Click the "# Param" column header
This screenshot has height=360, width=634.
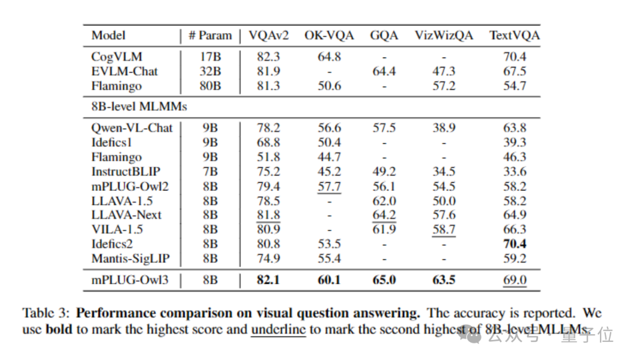coord(210,35)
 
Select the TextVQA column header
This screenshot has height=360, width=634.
coord(514,35)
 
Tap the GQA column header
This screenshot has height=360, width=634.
coord(384,35)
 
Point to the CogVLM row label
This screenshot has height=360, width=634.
coord(117,57)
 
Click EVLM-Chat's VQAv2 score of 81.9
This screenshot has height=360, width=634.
coord(268,72)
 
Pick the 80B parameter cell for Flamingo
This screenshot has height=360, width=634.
coord(210,86)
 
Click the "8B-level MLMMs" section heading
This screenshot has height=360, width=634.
coord(139,107)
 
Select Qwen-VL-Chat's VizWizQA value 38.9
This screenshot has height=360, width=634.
coord(444,128)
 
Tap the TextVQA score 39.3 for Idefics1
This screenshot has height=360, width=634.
coord(515,143)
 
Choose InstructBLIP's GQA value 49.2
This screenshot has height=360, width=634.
coord(384,172)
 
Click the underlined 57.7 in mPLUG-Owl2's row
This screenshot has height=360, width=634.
coord(329,187)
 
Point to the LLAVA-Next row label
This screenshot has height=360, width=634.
coord(126,216)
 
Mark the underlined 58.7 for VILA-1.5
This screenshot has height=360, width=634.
coord(444,230)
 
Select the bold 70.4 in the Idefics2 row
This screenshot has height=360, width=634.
coord(515,244)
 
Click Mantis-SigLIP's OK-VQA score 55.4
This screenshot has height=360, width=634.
coord(329,258)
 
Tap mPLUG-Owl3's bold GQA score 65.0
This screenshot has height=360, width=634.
coord(384,280)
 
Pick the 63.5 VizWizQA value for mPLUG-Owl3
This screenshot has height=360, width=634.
coord(444,280)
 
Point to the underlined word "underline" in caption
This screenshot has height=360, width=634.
coord(278,329)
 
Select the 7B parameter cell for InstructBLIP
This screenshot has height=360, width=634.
coord(210,172)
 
